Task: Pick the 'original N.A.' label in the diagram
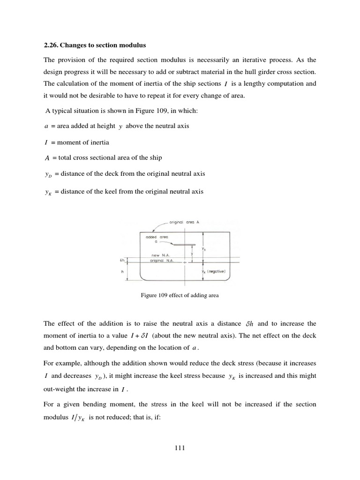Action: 160,260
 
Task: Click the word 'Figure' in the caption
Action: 149,295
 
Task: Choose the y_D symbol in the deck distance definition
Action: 47,174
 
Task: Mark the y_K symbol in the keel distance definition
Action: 47,192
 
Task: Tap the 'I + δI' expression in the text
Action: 142,336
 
